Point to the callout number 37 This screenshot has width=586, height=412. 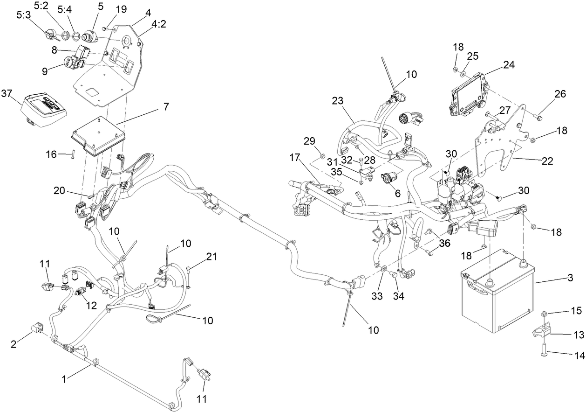[x=7, y=93]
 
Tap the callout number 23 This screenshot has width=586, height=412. [x=337, y=100]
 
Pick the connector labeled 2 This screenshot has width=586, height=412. [x=37, y=329]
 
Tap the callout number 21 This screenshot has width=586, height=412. [x=212, y=256]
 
